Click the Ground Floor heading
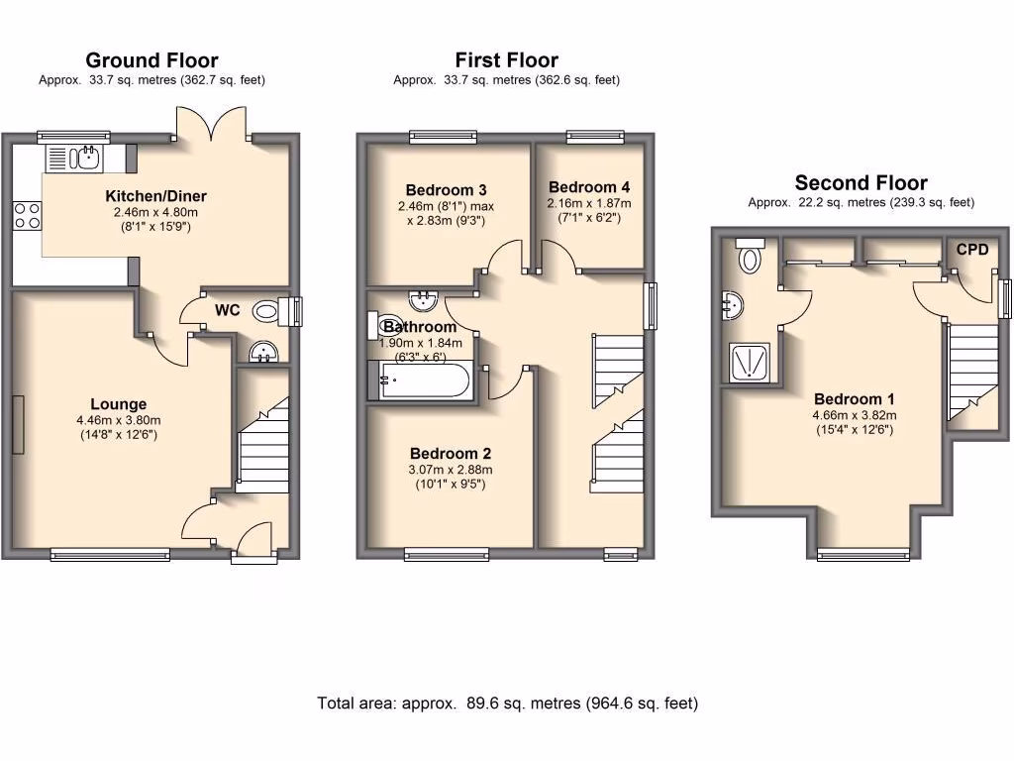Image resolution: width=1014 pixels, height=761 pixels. click(152, 60)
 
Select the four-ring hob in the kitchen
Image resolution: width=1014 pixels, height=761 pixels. click(26, 215)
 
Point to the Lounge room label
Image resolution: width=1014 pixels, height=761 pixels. click(118, 404)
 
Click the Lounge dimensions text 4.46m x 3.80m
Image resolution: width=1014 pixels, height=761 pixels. click(118, 419)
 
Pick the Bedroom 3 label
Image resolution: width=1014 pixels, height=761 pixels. click(446, 190)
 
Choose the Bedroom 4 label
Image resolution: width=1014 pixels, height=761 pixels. click(589, 187)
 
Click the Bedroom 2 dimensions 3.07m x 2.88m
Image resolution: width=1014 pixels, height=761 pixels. click(451, 470)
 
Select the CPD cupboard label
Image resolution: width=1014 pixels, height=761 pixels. click(971, 250)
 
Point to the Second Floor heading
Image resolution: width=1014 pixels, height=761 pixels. click(861, 183)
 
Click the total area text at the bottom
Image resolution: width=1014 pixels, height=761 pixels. click(507, 704)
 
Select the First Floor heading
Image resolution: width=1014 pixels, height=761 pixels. click(506, 60)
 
